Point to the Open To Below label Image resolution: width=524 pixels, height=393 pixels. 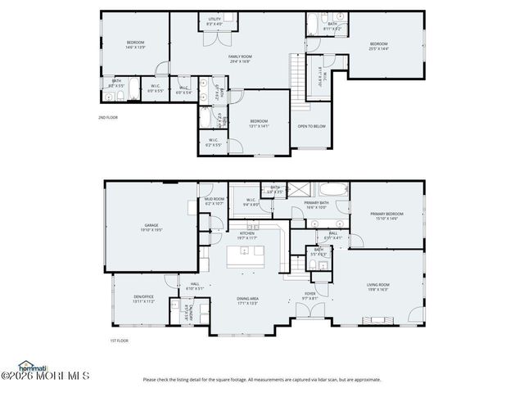pos(312,126)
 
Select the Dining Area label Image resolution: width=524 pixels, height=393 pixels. pos(247,300)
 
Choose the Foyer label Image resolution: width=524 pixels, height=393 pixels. pos(310,296)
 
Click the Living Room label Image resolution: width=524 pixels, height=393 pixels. pos(377,287)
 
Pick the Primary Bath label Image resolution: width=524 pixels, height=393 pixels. pos(316,205)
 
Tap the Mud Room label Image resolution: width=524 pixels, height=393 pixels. pos(215,201)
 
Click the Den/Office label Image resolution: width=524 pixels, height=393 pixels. pos(133,299)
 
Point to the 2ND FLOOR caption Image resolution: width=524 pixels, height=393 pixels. pos(107,118)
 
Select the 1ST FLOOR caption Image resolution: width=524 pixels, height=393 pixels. pos(120,341)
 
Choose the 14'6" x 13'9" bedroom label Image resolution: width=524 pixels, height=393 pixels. pos(135,44)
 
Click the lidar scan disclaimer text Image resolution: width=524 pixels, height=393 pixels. pos(262,379)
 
